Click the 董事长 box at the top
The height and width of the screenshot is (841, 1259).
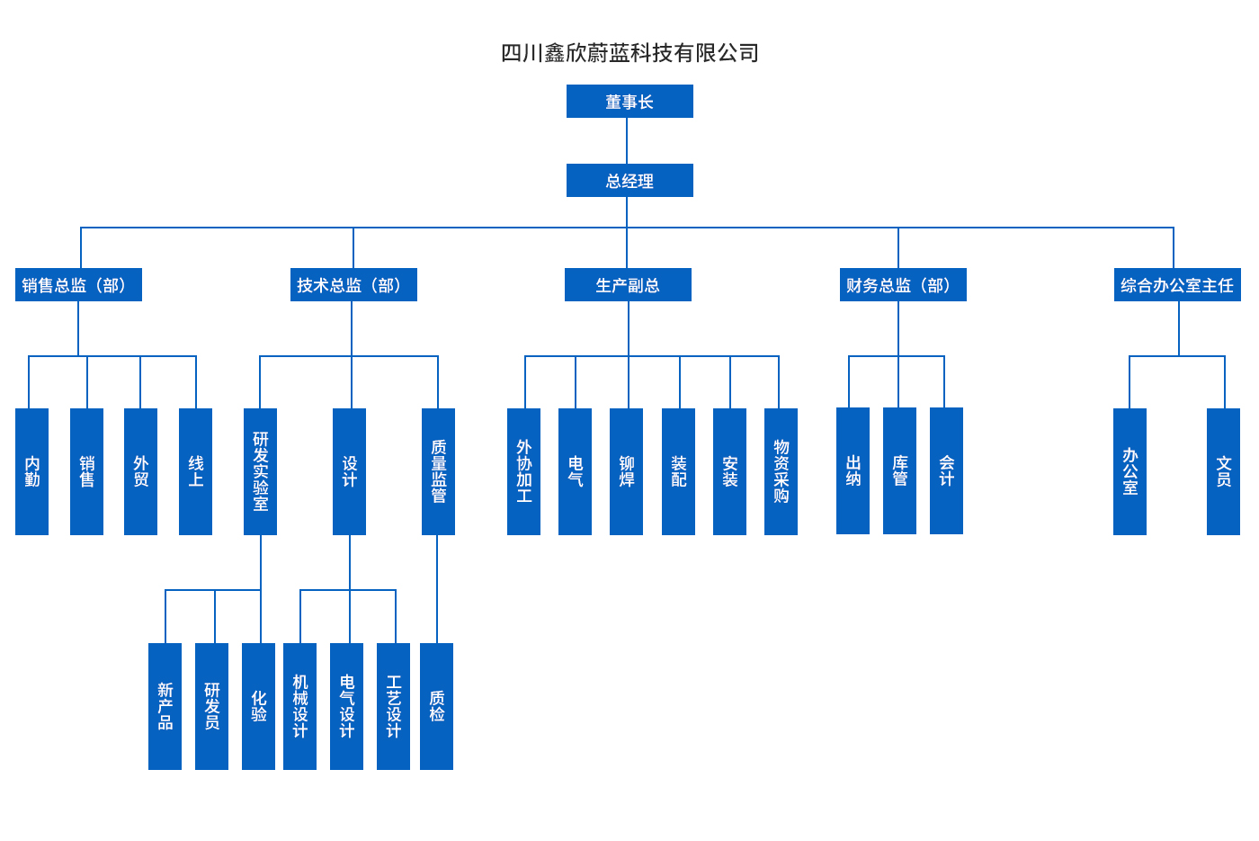pos(629,102)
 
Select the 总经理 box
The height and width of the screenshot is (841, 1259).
pos(629,181)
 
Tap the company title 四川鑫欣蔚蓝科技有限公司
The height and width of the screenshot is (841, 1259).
pos(629,53)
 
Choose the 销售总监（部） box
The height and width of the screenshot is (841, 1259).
pos(78,285)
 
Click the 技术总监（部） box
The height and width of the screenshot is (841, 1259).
pos(353,285)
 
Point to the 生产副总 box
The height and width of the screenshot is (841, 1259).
pos(628,285)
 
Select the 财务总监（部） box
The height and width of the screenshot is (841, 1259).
pos(903,285)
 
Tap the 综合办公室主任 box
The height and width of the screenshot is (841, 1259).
pos(1177,285)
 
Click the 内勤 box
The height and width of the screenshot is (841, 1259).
pos(31,471)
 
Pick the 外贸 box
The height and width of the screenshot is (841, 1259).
pos(140,471)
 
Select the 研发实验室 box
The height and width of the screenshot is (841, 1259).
pos(260,471)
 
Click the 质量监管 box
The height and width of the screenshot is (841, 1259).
pos(438,471)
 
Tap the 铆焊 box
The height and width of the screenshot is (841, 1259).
pos(626,471)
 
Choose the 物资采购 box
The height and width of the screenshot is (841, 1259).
pos(781,471)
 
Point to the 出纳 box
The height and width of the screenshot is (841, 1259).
pos(853,470)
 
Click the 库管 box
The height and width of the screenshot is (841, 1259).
pos(899,470)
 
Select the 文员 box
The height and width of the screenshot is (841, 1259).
pos(1223,471)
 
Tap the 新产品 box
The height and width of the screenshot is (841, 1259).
pos(165,706)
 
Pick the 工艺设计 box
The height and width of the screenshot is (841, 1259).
pos(393,706)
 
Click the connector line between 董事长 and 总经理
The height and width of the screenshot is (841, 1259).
pos(627,140)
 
